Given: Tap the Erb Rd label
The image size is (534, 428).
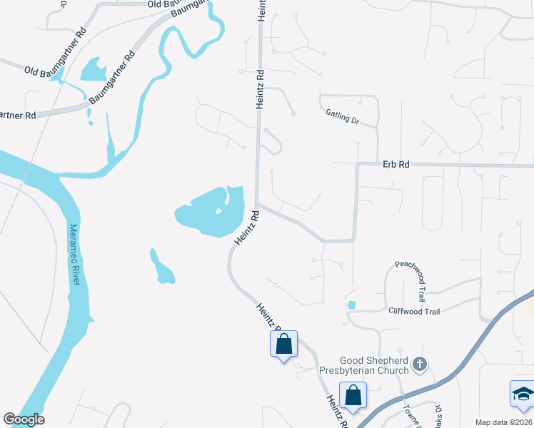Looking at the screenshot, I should (x=396, y=164).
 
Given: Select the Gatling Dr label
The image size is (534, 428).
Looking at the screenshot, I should (x=342, y=117).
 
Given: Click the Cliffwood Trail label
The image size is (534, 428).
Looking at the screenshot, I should (x=414, y=311).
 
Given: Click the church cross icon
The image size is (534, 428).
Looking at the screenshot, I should (x=420, y=365).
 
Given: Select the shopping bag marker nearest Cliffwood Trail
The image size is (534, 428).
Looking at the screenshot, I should (x=284, y=344).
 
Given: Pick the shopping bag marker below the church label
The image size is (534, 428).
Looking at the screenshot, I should (x=353, y=394).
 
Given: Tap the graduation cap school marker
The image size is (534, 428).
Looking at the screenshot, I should (x=523, y=394).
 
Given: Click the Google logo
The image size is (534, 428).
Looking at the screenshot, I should (x=24, y=419).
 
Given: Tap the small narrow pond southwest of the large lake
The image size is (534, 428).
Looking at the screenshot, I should (x=161, y=266).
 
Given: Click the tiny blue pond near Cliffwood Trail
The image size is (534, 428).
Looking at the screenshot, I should (x=351, y=305).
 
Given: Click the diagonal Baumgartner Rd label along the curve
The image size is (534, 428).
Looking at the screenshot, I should (x=113, y=77).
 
